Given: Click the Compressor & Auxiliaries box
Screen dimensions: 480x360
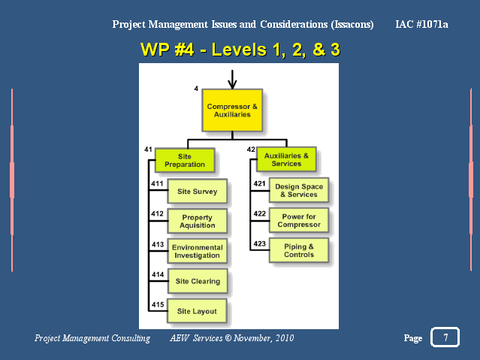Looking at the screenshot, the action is pyautogui.click(x=232, y=110).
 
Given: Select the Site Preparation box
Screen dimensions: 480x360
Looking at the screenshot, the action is pyautogui.click(x=185, y=160).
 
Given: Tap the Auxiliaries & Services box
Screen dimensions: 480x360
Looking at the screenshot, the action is pyautogui.click(x=286, y=159).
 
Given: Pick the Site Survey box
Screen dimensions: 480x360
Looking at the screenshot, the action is pyautogui.click(x=197, y=191).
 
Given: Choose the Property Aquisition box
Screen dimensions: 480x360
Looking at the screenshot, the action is pyautogui.click(x=197, y=221).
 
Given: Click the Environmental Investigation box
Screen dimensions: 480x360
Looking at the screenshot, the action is pyautogui.click(x=197, y=251).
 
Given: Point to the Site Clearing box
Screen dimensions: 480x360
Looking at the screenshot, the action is pyautogui.click(x=198, y=281).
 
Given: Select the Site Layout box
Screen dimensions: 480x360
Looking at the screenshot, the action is pyautogui.click(x=197, y=311).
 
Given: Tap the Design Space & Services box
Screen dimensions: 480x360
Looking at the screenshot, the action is pyautogui.click(x=299, y=190).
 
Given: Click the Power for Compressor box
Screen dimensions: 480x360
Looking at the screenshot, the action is pyautogui.click(x=299, y=220).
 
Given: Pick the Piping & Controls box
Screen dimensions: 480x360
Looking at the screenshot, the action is pyautogui.click(x=299, y=250).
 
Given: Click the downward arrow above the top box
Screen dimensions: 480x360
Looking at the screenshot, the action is pyautogui.click(x=232, y=80).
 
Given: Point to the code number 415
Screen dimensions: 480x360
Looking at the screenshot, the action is pyautogui.click(x=158, y=304).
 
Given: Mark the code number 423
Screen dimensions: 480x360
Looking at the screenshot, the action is pyautogui.click(x=259, y=244).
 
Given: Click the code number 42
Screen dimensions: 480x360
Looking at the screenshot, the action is pyautogui.click(x=251, y=150).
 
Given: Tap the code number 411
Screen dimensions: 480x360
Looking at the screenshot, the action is pyautogui.click(x=157, y=183).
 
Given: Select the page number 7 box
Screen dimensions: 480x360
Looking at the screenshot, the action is pyautogui.click(x=445, y=337).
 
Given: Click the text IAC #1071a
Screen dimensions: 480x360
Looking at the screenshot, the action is pyautogui.click(x=421, y=24).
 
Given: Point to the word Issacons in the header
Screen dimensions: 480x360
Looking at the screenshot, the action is pyautogui.click(x=352, y=25).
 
